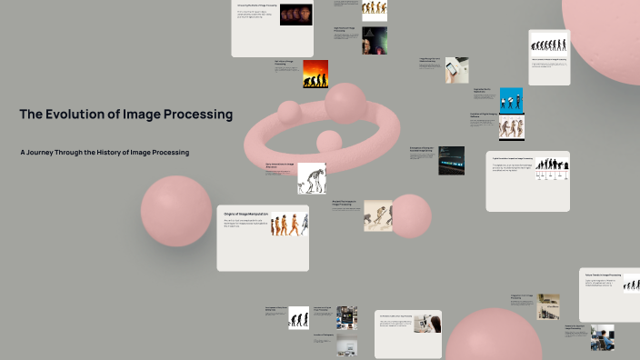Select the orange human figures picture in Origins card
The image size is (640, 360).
[x=289, y=224]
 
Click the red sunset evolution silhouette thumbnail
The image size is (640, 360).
[x=315, y=74]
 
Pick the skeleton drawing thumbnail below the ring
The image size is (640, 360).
[x=312, y=177]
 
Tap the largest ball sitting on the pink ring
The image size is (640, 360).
[x=345, y=102]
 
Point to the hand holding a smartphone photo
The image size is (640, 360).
[x=456, y=70]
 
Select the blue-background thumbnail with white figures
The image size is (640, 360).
[x=511, y=99]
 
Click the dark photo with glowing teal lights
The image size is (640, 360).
[x=451, y=160]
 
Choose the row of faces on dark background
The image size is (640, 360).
[x=295, y=15]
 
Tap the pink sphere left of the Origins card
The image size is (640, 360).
[x=175, y=211]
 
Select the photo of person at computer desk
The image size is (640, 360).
[x=601, y=338]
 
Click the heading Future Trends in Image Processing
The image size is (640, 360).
[x=603, y=274]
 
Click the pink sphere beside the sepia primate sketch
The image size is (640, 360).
[x=410, y=215]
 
